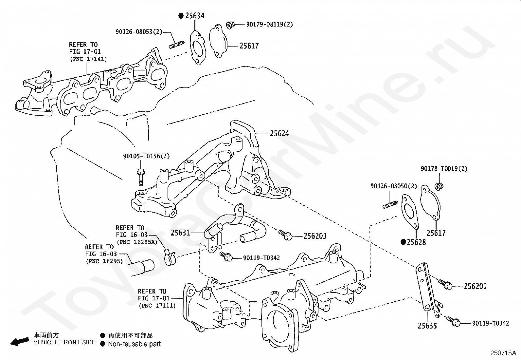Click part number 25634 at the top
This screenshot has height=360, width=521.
coord(195,16)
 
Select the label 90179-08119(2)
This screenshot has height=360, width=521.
coord(269,25)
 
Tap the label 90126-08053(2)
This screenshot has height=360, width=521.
coord(139,32)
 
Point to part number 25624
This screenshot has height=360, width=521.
coord(279,134)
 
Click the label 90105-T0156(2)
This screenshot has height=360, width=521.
coord(146,156)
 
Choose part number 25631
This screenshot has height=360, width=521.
coord(180,233)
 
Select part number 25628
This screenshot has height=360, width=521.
coord(416,242)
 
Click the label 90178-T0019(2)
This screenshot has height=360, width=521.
coord(444,169)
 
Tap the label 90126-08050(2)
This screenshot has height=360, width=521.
coord(394,186)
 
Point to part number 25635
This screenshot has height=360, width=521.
coord(427,326)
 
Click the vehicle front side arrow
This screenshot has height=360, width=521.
coord(20,342)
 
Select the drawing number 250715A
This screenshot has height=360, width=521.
coord(503,353)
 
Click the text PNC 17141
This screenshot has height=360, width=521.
coord(88,59)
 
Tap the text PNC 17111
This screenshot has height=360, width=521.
coord(157,305)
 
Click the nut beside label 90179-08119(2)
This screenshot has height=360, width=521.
coord(230,25)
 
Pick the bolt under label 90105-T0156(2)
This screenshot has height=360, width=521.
coord(140,177)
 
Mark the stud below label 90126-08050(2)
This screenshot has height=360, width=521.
coord(390,205)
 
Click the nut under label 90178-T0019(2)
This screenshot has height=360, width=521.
coord(439,186)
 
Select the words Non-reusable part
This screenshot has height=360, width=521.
coord(135,344)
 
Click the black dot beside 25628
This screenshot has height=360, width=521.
coord(403,242)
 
